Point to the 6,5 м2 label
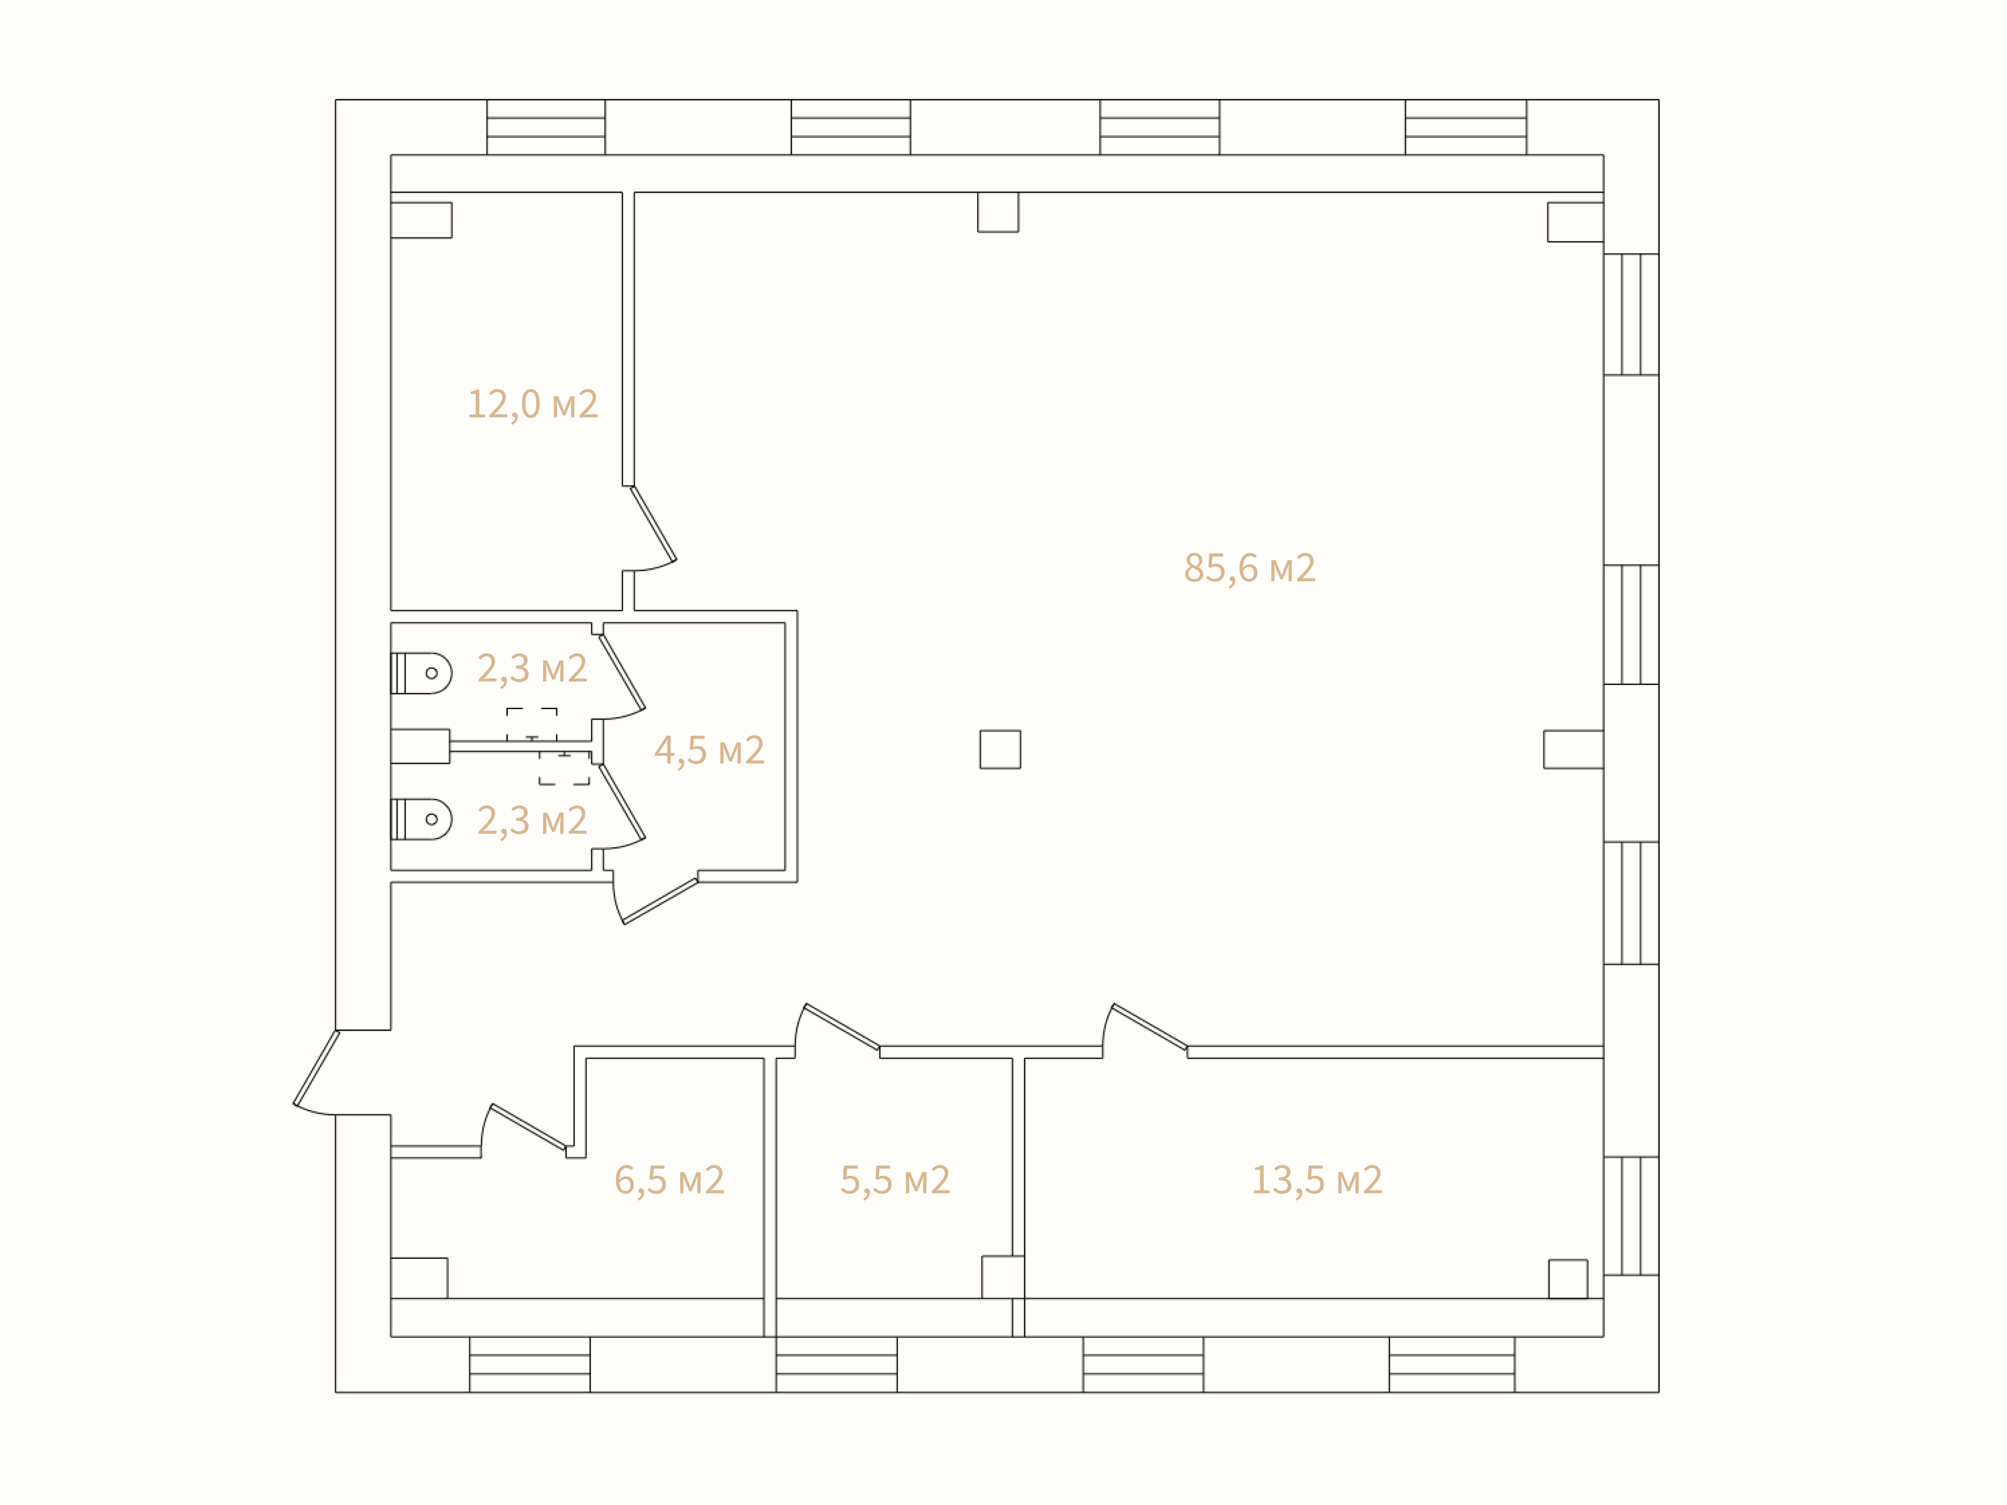(x=669, y=1180)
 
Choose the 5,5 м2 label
(x=895, y=1180)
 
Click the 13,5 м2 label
(x=1318, y=1180)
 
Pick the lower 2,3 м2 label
(x=533, y=822)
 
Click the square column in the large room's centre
(x=1000, y=750)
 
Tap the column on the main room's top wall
(x=998, y=213)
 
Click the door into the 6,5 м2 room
(x=525, y=1129)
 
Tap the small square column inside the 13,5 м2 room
(x=1568, y=1279)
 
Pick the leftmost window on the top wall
(x=546, y=127)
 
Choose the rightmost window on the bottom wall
(x=1451, y=1364)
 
